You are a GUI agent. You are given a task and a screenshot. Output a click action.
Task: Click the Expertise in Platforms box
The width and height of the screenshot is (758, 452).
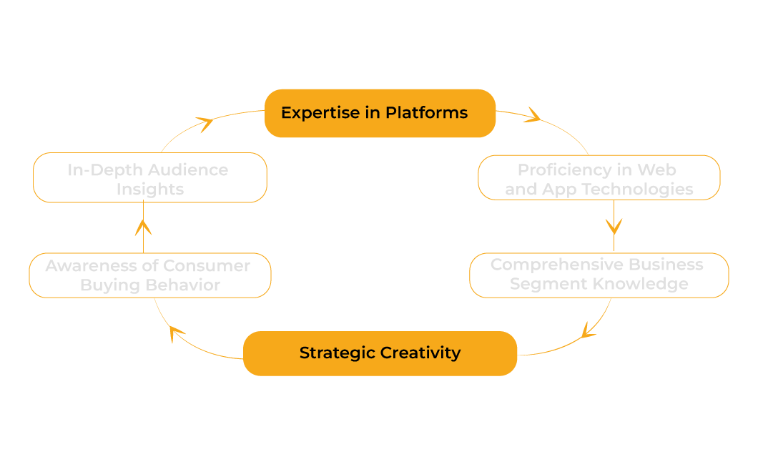click(x=380, y=113)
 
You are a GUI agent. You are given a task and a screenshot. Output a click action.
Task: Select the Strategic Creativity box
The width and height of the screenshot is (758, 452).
click(x=380, y=353)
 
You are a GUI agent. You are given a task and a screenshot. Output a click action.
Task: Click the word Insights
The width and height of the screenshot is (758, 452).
click(x=149, y=190)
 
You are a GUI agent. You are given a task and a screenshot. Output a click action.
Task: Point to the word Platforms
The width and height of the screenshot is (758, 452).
click(x=426, y=113)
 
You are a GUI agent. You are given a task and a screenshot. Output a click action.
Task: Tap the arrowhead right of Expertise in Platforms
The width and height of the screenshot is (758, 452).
click(x=533, y=115)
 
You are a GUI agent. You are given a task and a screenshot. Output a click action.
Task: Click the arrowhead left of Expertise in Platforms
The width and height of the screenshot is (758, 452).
click(x=205, y=124)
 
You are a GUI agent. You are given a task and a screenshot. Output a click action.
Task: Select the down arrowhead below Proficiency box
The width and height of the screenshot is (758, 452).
click(x=614, y=226)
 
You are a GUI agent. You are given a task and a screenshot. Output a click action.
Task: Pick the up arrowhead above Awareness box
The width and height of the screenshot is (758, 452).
click(x=144, y=227)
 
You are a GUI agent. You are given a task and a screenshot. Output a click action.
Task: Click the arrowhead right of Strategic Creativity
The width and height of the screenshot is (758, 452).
click(x=588, y=330)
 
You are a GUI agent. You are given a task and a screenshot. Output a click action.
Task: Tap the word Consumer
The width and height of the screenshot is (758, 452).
click(x=207, y=266)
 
